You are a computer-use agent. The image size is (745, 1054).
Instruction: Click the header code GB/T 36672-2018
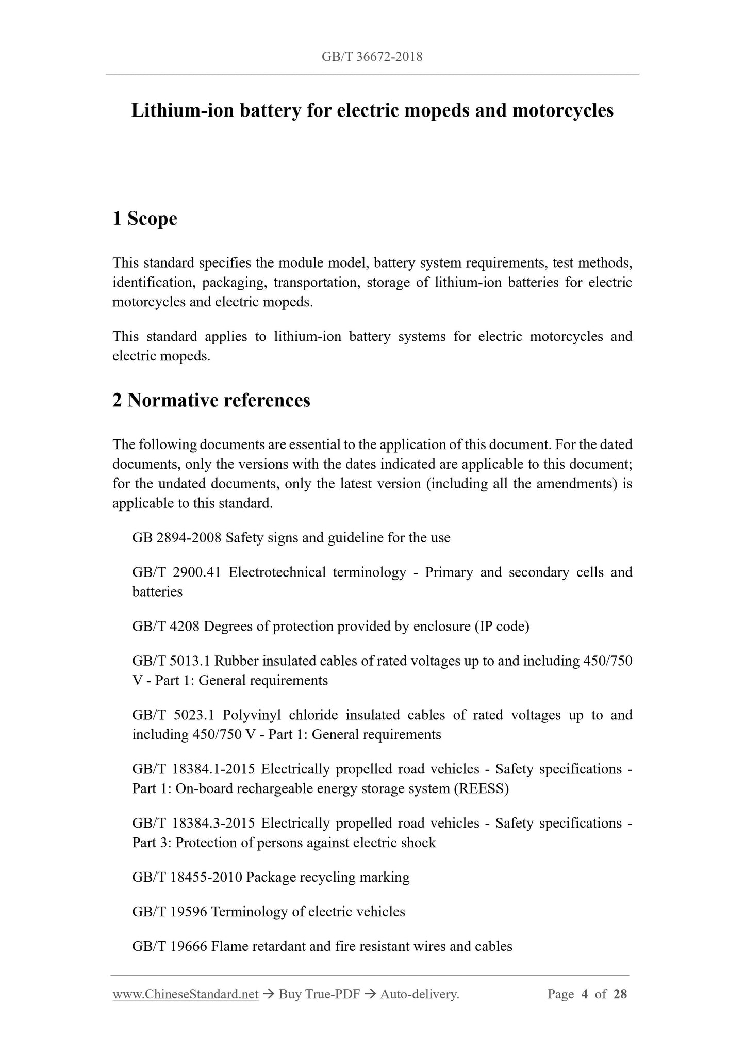click(372, 57)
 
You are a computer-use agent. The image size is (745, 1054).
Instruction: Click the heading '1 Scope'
click(145, 219)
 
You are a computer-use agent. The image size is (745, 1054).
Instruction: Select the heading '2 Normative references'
click(211, 400)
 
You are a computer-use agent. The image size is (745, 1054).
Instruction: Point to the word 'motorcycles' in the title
click(563, 110)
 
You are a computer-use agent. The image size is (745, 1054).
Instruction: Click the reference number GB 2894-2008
click(177, 538)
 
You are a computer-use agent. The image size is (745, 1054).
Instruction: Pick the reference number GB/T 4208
click(166, 627)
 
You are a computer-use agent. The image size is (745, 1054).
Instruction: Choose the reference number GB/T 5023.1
click(173, 715)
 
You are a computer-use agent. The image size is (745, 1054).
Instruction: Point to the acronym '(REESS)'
click(482, 789)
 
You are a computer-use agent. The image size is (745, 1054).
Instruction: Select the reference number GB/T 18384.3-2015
click(194, 824)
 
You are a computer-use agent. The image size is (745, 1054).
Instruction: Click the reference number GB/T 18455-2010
click(187, 878)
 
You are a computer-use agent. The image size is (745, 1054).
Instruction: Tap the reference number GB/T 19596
click(170, 912)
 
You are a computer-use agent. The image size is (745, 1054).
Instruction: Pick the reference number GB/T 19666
click(170, 947)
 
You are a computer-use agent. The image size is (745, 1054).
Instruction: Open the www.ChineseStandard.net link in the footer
click(185, 995)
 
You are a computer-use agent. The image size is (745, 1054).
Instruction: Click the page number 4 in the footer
click(585, 995)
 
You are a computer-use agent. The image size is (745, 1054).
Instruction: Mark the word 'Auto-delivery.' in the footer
click(419, 995)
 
